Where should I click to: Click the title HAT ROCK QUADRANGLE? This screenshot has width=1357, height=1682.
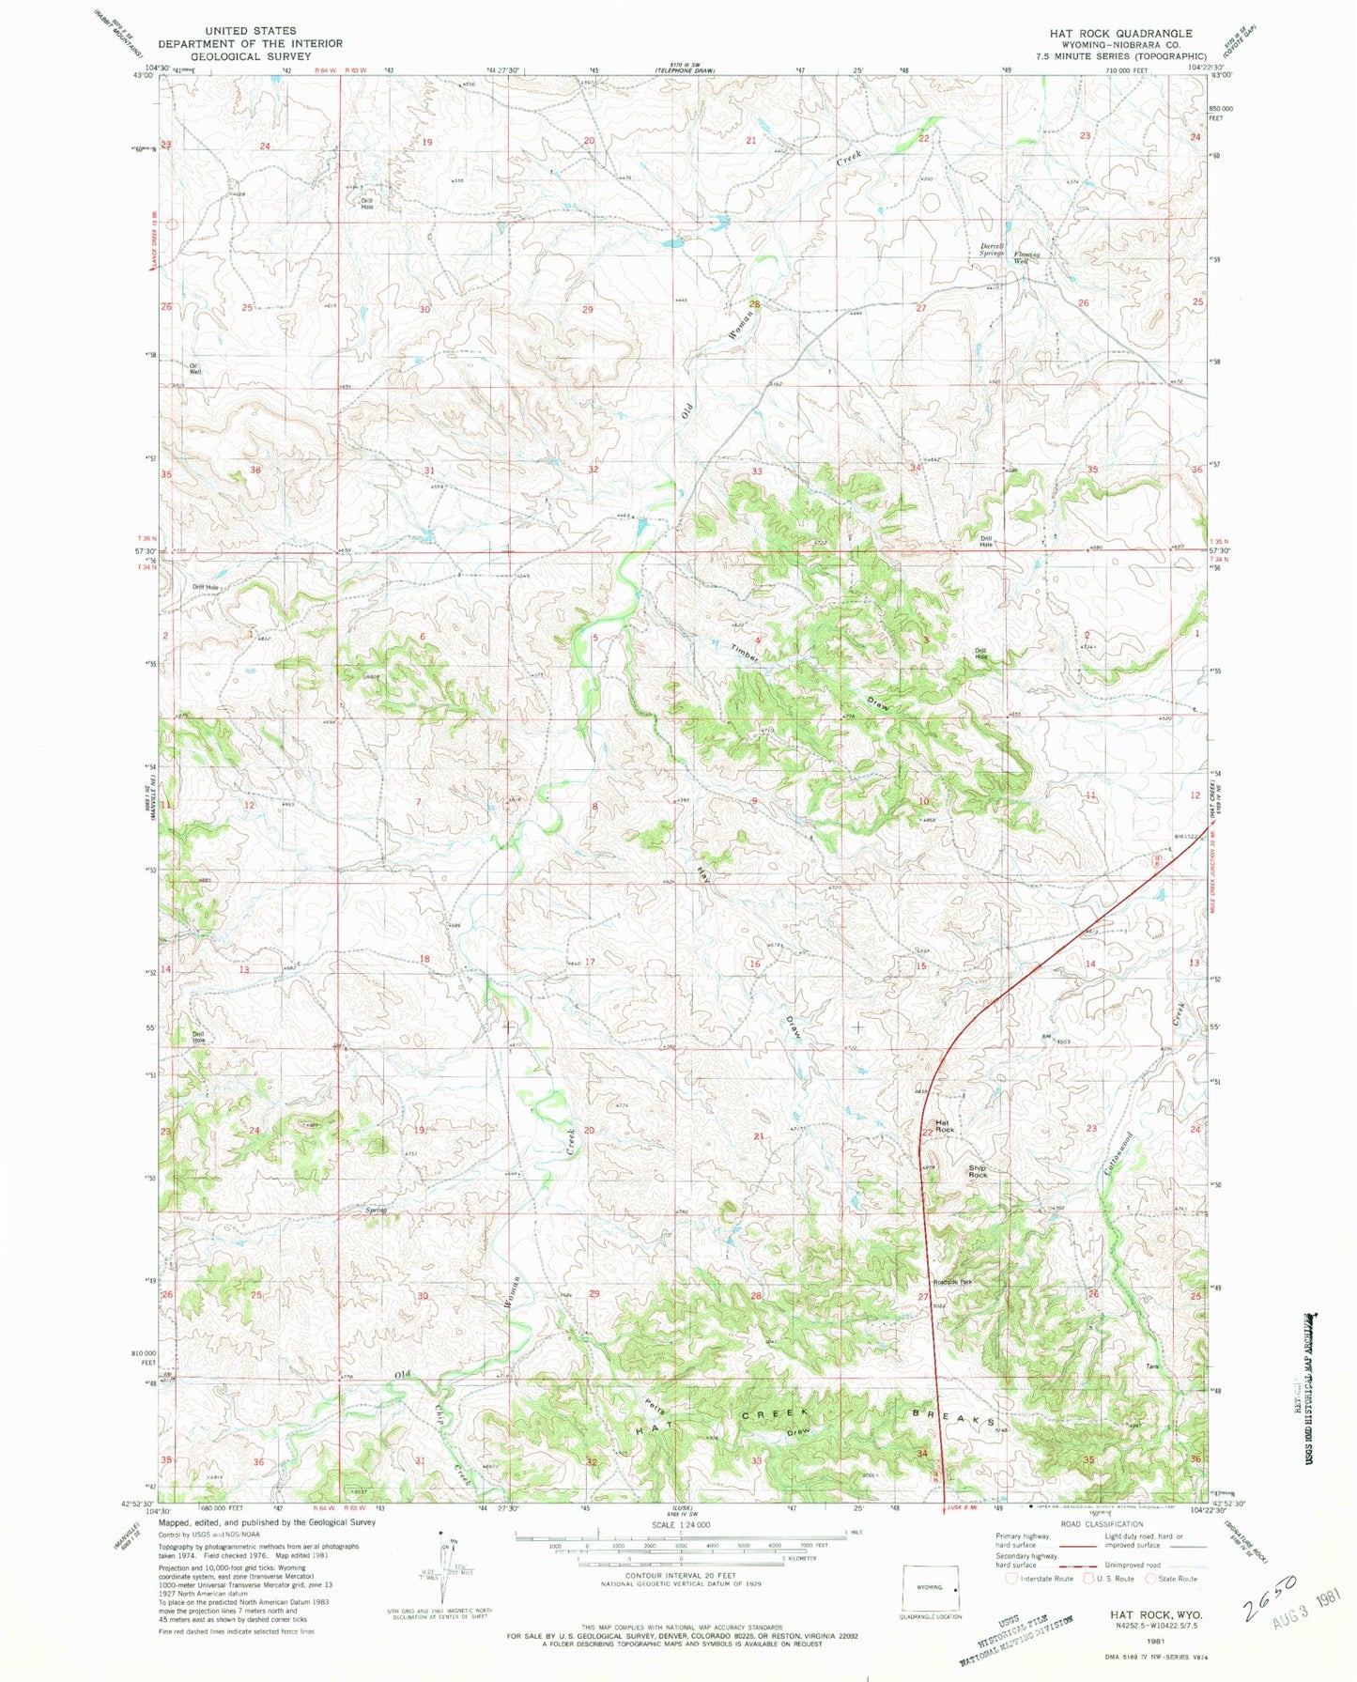click(1108, 33)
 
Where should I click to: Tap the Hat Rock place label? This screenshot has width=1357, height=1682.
click(945, 1126)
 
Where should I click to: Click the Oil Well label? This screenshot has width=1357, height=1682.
click(195, 369)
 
